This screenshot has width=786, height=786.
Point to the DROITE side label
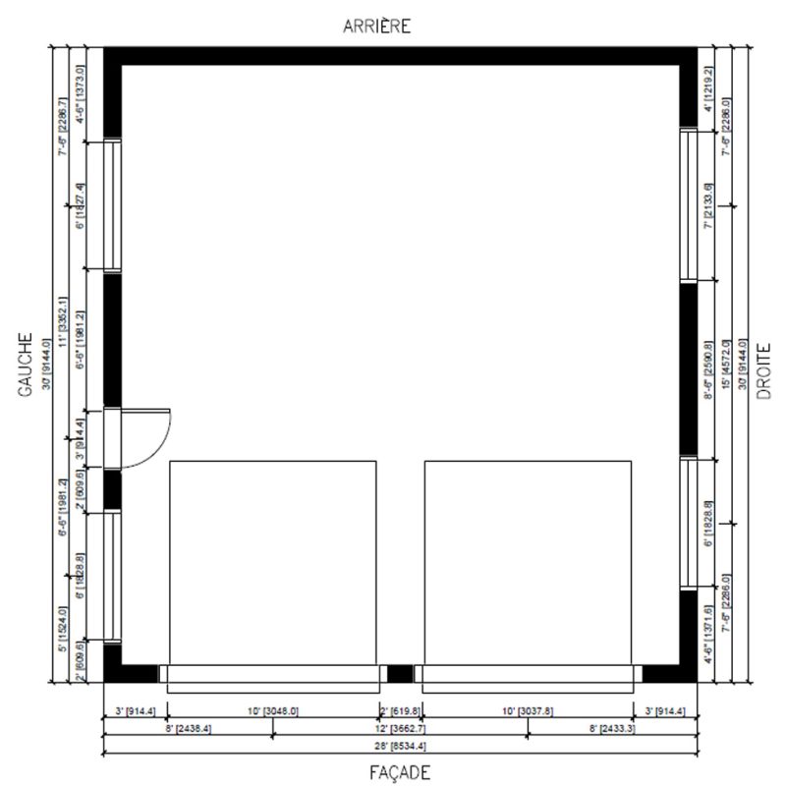pos(763,371)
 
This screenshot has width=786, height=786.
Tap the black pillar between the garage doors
pos(400,674)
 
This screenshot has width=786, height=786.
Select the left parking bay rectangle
pos(272,560)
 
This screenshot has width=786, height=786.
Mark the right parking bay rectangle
pos(527,560)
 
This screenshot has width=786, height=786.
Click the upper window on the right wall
pos(689,204)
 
